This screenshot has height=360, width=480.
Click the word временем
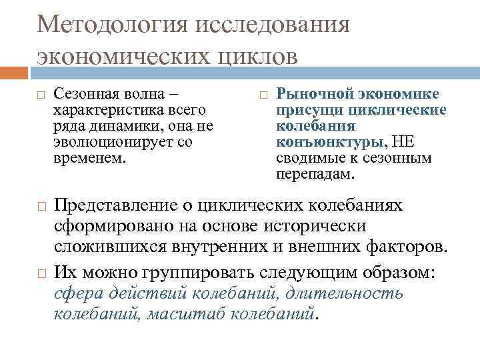(88, 159)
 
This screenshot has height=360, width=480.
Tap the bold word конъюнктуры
(329, 142)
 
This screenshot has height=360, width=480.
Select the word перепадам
(315, 175)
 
